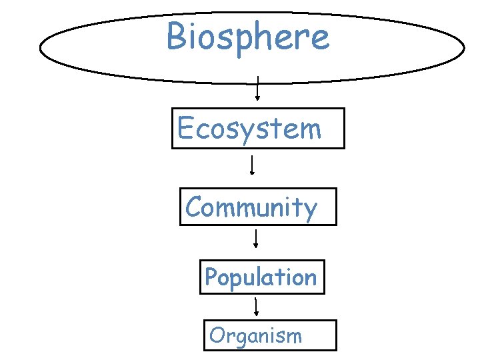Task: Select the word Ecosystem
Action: [249, 128]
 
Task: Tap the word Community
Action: [251, 207]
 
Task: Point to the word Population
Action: [261, 277]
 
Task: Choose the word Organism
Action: [255, 335]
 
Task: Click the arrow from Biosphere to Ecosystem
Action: [257, 88]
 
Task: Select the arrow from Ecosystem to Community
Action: [251, 165]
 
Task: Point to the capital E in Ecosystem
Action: [186, 128]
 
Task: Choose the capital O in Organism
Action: [216, 335]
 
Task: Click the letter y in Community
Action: [309, 211]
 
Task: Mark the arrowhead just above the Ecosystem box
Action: [257, 97]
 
